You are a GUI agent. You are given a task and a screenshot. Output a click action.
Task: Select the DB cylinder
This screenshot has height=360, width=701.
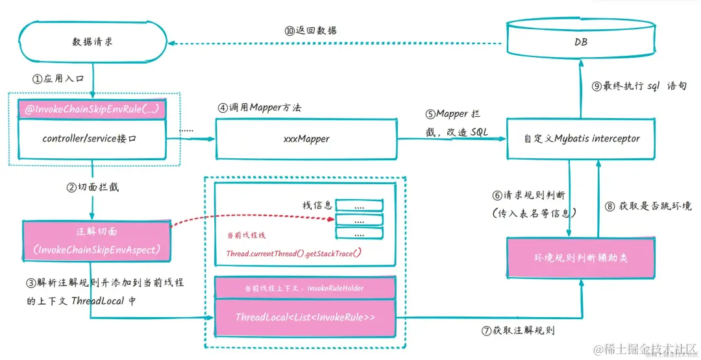click(581, 43)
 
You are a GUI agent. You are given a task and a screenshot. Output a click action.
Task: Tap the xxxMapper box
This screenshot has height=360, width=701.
click(306, 138)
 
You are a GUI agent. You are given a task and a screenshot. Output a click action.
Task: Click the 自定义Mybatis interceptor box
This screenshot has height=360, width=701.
click(582, 138)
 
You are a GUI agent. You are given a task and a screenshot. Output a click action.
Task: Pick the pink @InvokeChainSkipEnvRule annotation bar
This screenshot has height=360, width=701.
click(92, 108)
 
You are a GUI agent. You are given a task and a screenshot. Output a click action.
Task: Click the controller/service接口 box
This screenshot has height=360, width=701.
click(92, 138)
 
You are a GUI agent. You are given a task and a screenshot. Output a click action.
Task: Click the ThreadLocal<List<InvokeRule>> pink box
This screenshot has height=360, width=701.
click(305, 318)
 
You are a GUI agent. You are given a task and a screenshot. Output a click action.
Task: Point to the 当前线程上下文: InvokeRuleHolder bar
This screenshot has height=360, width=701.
click(305, 288)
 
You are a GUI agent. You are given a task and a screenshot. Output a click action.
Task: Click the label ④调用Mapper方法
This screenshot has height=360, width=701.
click(260, 108)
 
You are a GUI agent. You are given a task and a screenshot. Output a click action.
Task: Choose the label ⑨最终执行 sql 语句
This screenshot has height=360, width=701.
click(639, 86)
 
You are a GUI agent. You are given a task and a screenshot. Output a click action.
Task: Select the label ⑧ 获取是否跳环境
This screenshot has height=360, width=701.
click(648, 206)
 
